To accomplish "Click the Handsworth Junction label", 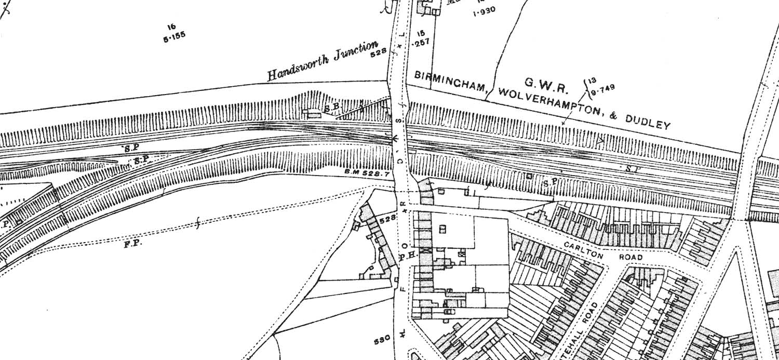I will tap(322, 61).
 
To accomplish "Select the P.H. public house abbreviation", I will tap(406, 256).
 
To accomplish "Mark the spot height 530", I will tap(382, 341).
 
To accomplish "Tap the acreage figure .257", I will tap(420, 44).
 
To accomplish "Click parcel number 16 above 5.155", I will tap(171, 27).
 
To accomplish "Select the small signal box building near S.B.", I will tap(314, 113).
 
